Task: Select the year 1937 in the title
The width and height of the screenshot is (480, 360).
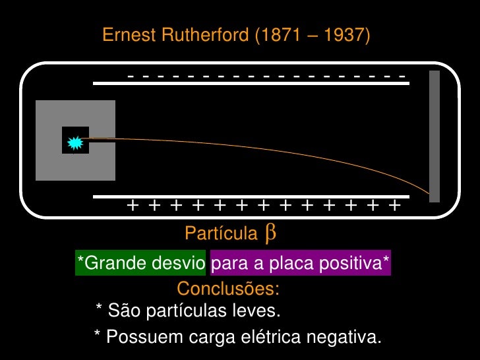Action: pos(344,35)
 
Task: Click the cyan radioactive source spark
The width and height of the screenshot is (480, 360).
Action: pos(75,140)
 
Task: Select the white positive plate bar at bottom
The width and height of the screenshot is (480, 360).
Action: pos(251,196)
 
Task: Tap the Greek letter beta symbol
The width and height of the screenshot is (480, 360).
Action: pos(270,232)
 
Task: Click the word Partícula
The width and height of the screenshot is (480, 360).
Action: pos(221,233)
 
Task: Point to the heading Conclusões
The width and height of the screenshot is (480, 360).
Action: pos(228,289)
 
